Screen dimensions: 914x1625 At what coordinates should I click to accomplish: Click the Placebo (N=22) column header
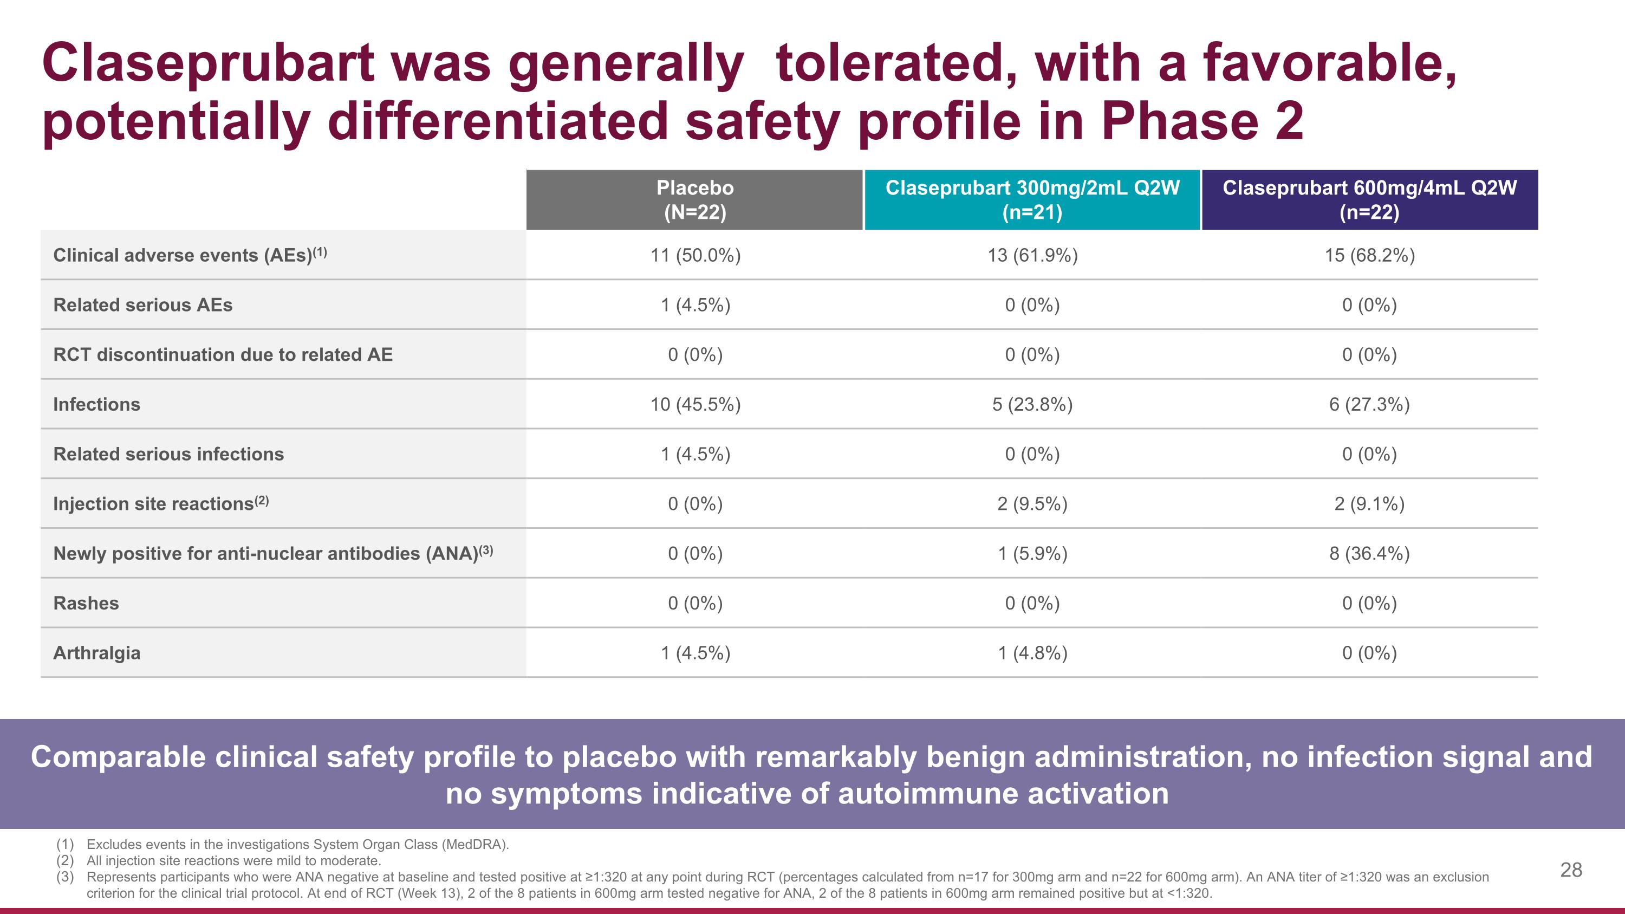[694, 199]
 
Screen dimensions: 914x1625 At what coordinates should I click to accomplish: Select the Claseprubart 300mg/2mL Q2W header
[1032, 199]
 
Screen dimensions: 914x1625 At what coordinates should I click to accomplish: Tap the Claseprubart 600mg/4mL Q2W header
[1369, 199]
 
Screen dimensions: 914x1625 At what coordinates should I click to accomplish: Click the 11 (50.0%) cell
[695, 256]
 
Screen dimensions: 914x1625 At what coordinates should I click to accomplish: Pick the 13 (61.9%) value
[1032, 256]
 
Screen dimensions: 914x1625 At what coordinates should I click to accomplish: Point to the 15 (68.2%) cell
[1369, 256]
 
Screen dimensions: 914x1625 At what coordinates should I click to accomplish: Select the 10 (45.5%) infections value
[695, 404]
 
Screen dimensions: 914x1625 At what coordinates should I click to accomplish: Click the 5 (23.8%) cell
[1032, 404]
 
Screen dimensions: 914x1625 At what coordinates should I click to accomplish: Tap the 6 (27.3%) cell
[1369, 404]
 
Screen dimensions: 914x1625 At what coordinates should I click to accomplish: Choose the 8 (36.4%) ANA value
[1369, 554]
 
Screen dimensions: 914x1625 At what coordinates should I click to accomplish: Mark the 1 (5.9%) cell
[1032, 554]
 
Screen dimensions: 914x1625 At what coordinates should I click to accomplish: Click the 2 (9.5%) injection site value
[1032, 504]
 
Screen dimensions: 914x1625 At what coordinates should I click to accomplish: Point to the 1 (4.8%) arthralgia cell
[1032, 653]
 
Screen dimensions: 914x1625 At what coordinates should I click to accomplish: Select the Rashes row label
[86, 604]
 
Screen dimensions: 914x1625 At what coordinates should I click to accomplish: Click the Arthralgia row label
[96, 653]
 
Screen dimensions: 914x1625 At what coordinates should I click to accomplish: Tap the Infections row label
[96, 404]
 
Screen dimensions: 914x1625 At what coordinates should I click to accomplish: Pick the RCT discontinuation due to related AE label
[223, 355]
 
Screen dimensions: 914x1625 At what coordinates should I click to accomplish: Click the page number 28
[1571, 870]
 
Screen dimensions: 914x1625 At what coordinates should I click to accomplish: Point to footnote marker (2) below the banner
[65, 861]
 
